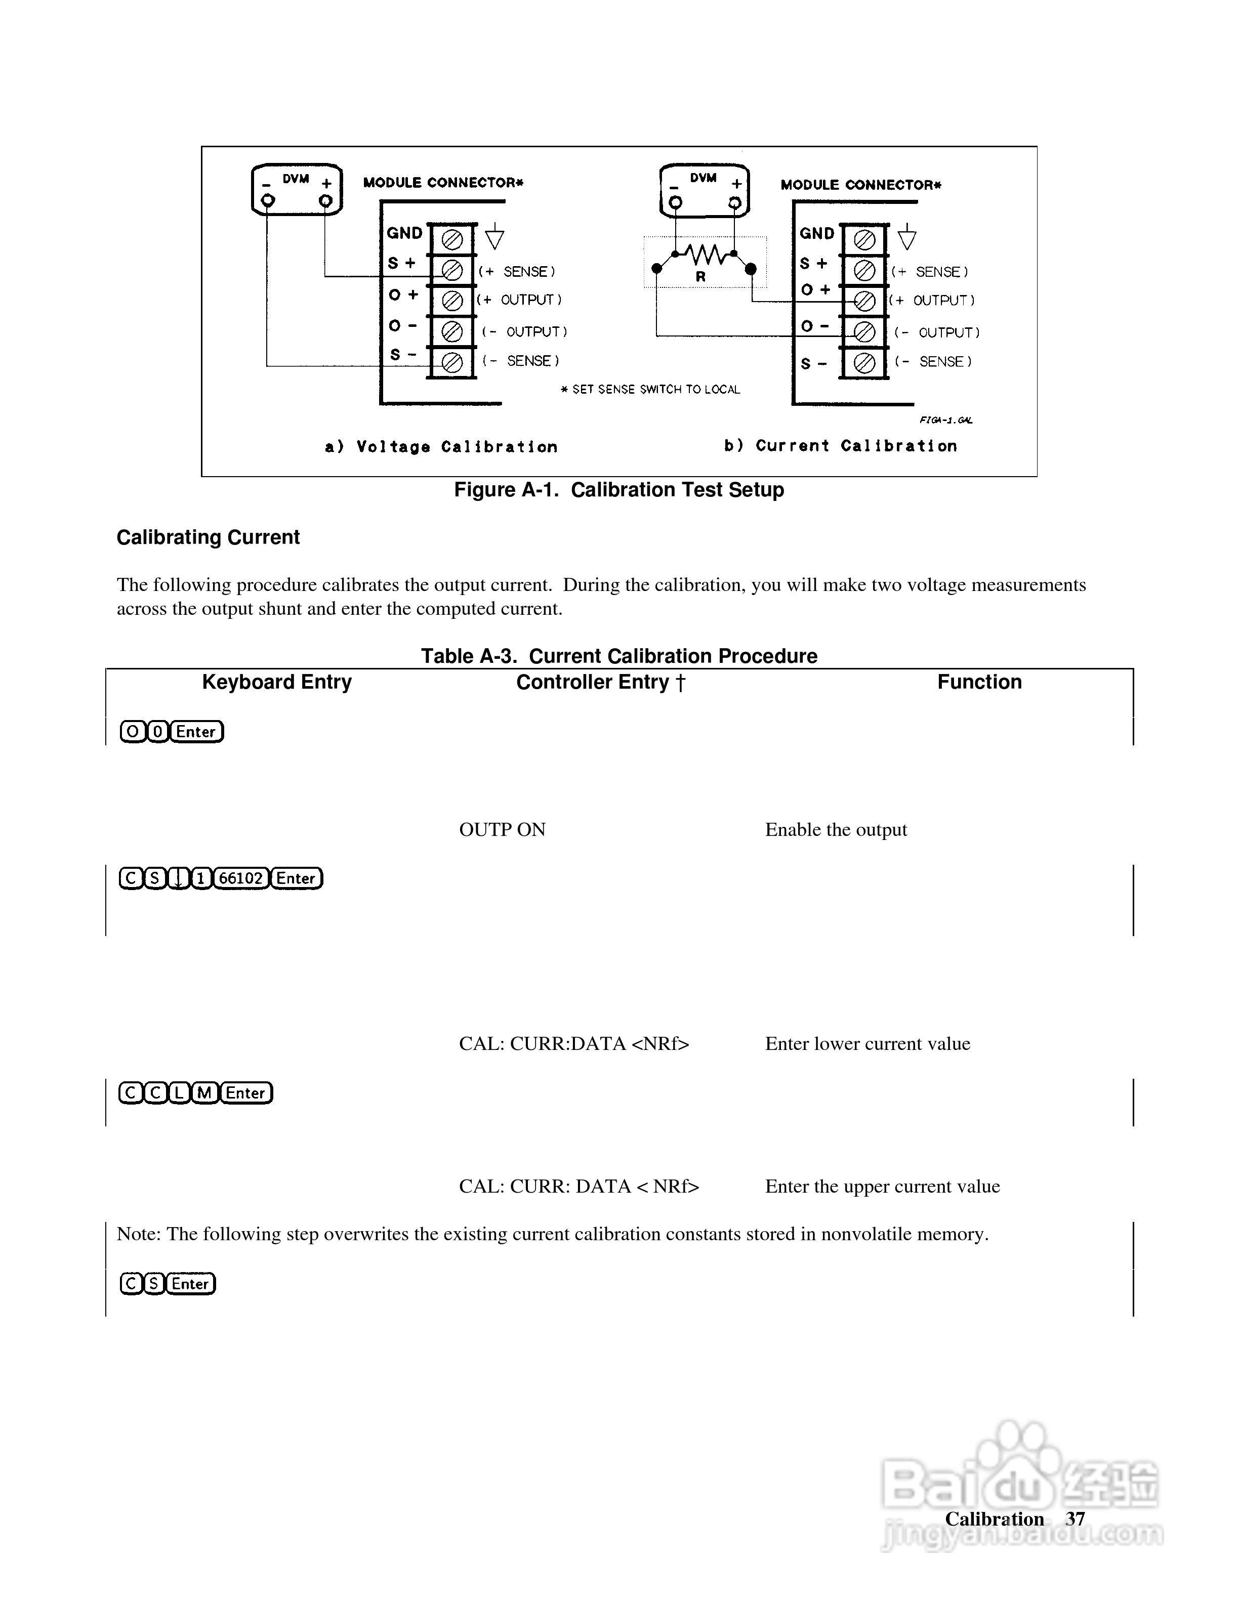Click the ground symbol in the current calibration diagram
(x=907, y=238)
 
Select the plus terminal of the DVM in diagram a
(x=325, y=200)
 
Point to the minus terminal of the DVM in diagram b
(x=675, y=202)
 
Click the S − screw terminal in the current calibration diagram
(x=864, y=363)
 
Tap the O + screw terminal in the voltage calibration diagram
(x=451, y=300)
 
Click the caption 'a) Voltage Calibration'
(x=441, y=447)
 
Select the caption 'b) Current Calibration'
(x=841, y=445)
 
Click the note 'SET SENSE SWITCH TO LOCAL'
(x=651, y=390)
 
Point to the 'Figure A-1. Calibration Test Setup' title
(x=619, y=490)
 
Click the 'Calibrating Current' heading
(x=208, y=537)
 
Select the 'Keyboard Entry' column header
(x=277, y=682)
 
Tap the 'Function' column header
(x=979, y=682)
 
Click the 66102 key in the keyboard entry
(x=241, y=878)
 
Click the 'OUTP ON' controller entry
(x=502, y=829)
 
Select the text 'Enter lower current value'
(x=868, y=1044)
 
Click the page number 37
(x=1076, y=1518)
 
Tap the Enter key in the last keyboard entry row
(x=190, y=1284)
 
